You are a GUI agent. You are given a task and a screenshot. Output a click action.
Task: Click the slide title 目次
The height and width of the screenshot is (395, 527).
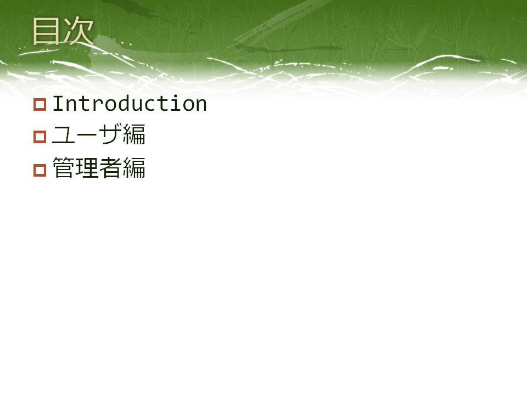pos(63,31)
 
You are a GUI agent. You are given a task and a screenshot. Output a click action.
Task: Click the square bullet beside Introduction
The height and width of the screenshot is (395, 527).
pos(40,104)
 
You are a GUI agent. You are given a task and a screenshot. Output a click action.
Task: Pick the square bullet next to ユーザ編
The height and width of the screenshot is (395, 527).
pos(40,137)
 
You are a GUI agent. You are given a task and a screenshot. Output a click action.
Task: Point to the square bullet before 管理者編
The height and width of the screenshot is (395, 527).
pos(40,170)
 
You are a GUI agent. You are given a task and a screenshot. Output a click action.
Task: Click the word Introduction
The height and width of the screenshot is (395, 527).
pos(130,103)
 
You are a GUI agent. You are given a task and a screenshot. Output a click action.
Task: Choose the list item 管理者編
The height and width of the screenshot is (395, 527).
pos(99,167)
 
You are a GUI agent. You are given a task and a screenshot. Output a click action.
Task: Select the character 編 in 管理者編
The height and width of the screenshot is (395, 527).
pos(134,167)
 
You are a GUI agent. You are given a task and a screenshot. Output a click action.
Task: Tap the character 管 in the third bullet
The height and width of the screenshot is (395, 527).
pos(63,167)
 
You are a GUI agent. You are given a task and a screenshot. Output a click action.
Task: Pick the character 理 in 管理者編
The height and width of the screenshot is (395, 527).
pos(87,167)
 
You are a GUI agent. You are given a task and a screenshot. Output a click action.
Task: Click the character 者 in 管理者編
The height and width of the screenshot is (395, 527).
pos(110,167)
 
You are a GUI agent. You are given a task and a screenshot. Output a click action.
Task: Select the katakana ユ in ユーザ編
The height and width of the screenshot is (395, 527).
pos(63,135)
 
